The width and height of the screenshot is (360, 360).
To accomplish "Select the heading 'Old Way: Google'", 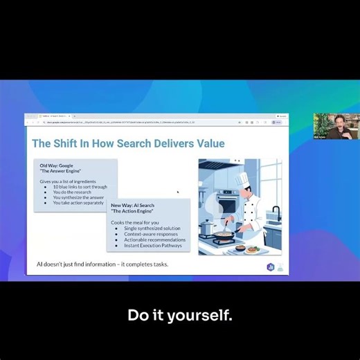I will click(x=56, y=165).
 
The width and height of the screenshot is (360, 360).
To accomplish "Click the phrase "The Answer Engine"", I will click(x=57, y=170).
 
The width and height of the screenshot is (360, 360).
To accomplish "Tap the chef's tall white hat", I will click(x=241, y=179).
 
